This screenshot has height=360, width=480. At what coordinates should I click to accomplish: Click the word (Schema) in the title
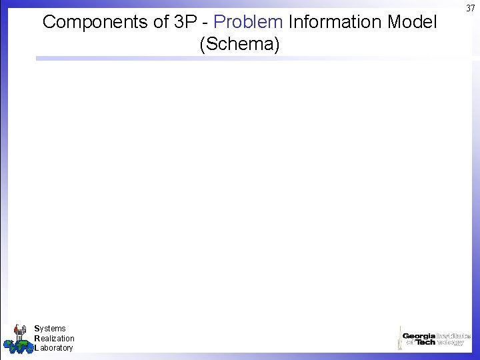pos(239,45)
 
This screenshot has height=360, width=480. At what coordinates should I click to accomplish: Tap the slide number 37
pos(471,7)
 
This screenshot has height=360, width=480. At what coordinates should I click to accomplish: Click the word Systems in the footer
pos(50,329)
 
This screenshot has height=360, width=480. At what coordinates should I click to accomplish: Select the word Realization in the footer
pos(54,339)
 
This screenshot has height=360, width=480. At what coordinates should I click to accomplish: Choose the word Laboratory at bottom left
pos(53,348)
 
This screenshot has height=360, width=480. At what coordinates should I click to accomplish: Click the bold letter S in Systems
pos(37,329)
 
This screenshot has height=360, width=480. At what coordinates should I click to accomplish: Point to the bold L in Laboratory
pos(36,348)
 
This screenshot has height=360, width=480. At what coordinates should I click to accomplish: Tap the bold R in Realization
pos(37,339)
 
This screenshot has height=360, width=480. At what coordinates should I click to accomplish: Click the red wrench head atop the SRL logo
pos(19,327)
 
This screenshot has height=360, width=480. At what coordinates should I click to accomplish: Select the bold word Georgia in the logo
pos(419,336)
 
